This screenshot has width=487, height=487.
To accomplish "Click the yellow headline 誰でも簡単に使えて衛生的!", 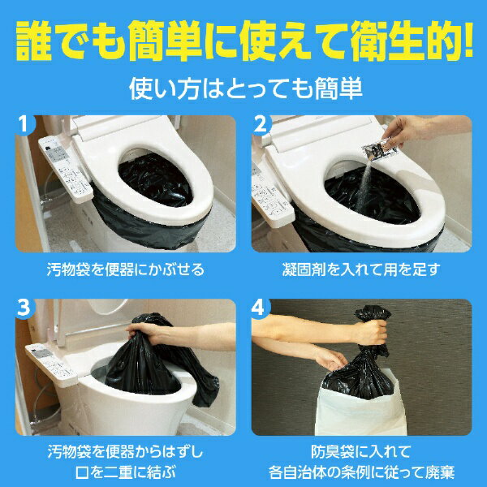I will [243, 41].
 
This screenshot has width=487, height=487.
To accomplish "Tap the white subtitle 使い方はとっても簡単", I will [243, 86].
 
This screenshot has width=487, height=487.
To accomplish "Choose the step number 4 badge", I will [262, 309].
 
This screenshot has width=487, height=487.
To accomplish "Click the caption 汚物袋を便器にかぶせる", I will [125, 268].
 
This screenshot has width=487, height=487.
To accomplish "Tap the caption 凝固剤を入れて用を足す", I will [361, 268].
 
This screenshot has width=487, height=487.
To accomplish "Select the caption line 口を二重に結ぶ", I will [125, 470].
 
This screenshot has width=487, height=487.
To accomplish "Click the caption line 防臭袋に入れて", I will [361, 450].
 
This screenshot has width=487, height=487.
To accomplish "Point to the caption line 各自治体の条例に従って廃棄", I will [361, 470].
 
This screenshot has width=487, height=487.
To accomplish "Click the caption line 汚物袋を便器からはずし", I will [125, 450].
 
